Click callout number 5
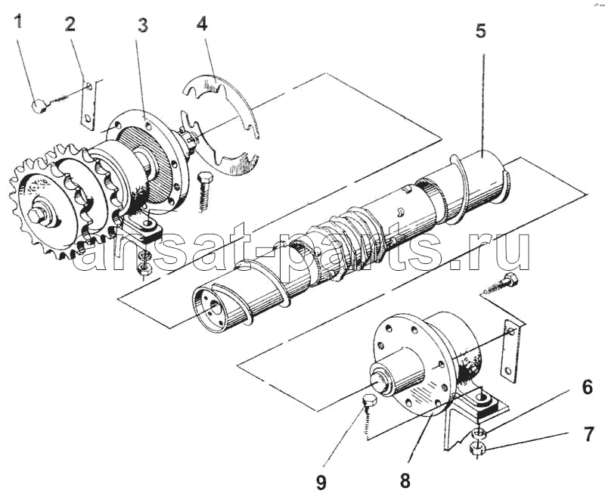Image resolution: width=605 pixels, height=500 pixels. tap(480, 30)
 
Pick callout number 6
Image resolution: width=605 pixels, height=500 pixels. tap(587, 387)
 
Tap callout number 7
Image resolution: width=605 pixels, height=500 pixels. tap(588, 434)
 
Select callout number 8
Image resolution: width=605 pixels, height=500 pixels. tap(405, 481)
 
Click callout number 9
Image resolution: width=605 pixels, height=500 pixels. tap(321, 483)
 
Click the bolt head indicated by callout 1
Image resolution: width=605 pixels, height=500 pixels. tap(39, 107)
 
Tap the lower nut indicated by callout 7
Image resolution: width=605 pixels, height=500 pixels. tap(478, 448)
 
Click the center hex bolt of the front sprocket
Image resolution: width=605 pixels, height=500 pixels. tap(36, 216)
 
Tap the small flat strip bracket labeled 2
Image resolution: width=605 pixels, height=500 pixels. tap(88, 104)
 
